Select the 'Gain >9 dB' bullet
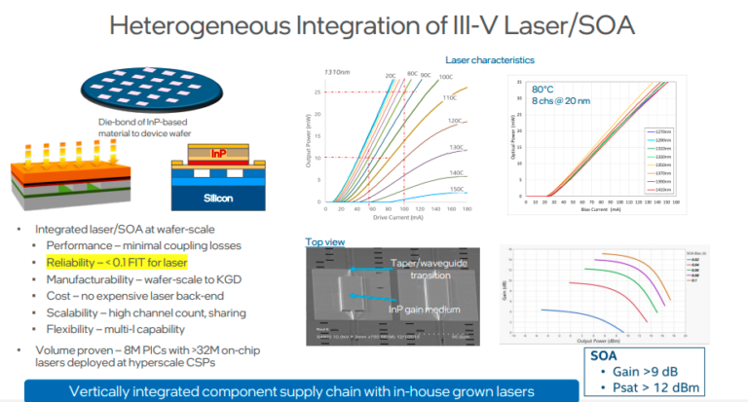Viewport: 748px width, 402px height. (649, 371)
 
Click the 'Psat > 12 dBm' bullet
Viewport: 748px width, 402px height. (658, 388)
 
